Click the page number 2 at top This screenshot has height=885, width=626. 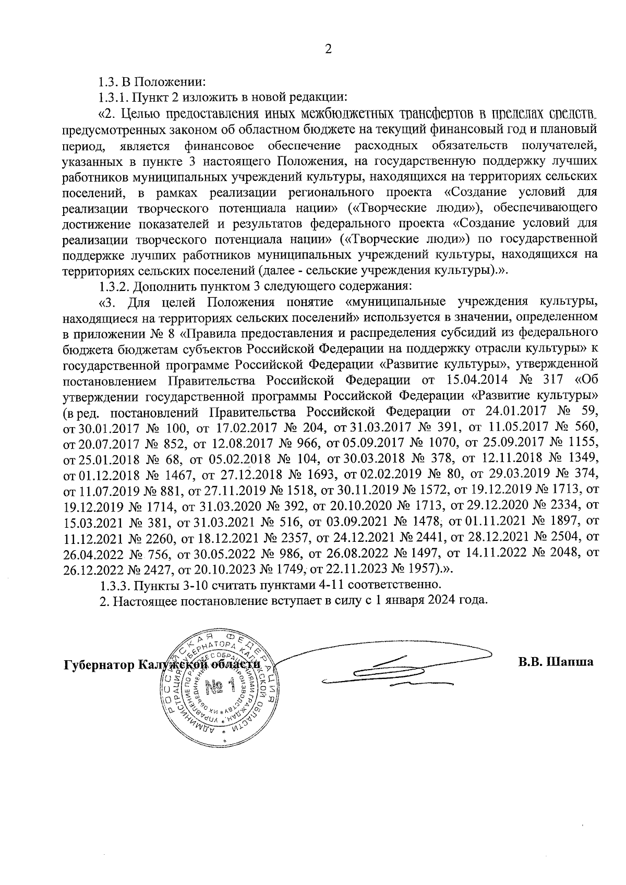pyautogui.click(x=328, y=50)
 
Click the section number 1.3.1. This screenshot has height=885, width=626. pyautogui.click(x=113, y=97)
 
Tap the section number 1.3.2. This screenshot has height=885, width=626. pyautogui.click(x=114, y=286)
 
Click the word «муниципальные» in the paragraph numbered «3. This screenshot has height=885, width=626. pyautogui.click(x=396, y=302)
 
